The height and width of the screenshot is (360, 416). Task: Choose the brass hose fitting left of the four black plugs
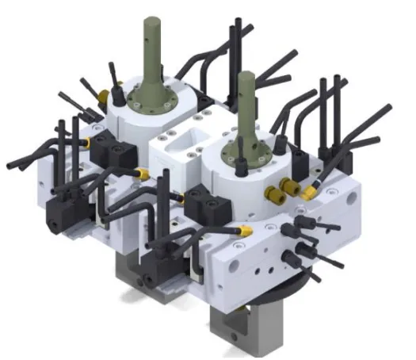[246, 230]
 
